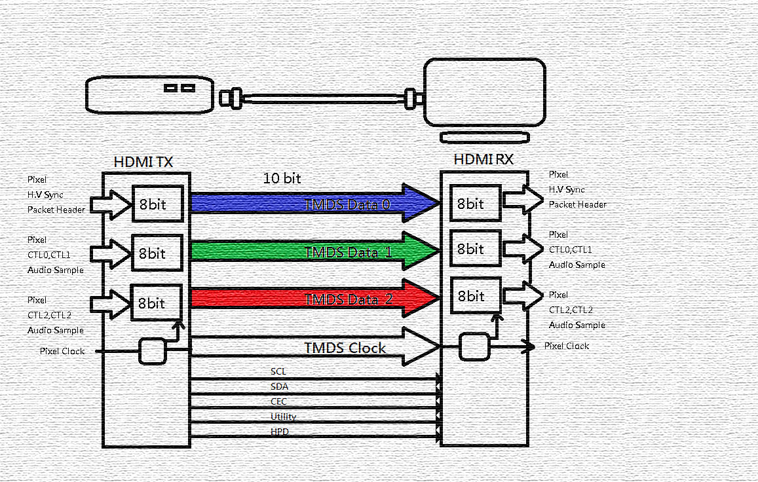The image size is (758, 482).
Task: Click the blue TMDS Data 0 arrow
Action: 308,204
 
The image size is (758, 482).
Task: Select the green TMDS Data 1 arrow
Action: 308,252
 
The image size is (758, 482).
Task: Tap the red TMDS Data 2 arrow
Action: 308,299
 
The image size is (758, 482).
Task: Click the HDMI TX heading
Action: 143,162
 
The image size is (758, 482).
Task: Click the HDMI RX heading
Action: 483,159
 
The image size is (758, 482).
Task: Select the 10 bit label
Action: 282,178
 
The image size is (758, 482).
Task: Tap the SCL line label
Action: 278,371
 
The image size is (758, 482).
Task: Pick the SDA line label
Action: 279,386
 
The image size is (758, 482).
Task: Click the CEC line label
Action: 278,401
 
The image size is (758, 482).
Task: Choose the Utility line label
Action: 283,417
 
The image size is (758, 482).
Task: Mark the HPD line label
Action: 279,432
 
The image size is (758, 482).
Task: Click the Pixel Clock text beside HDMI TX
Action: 62,351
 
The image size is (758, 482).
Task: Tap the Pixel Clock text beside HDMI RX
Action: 567,346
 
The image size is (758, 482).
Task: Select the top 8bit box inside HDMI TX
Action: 157,204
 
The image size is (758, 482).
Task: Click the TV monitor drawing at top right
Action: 484,92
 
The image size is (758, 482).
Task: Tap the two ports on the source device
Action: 180,88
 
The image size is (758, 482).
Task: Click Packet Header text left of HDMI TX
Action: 56,210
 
